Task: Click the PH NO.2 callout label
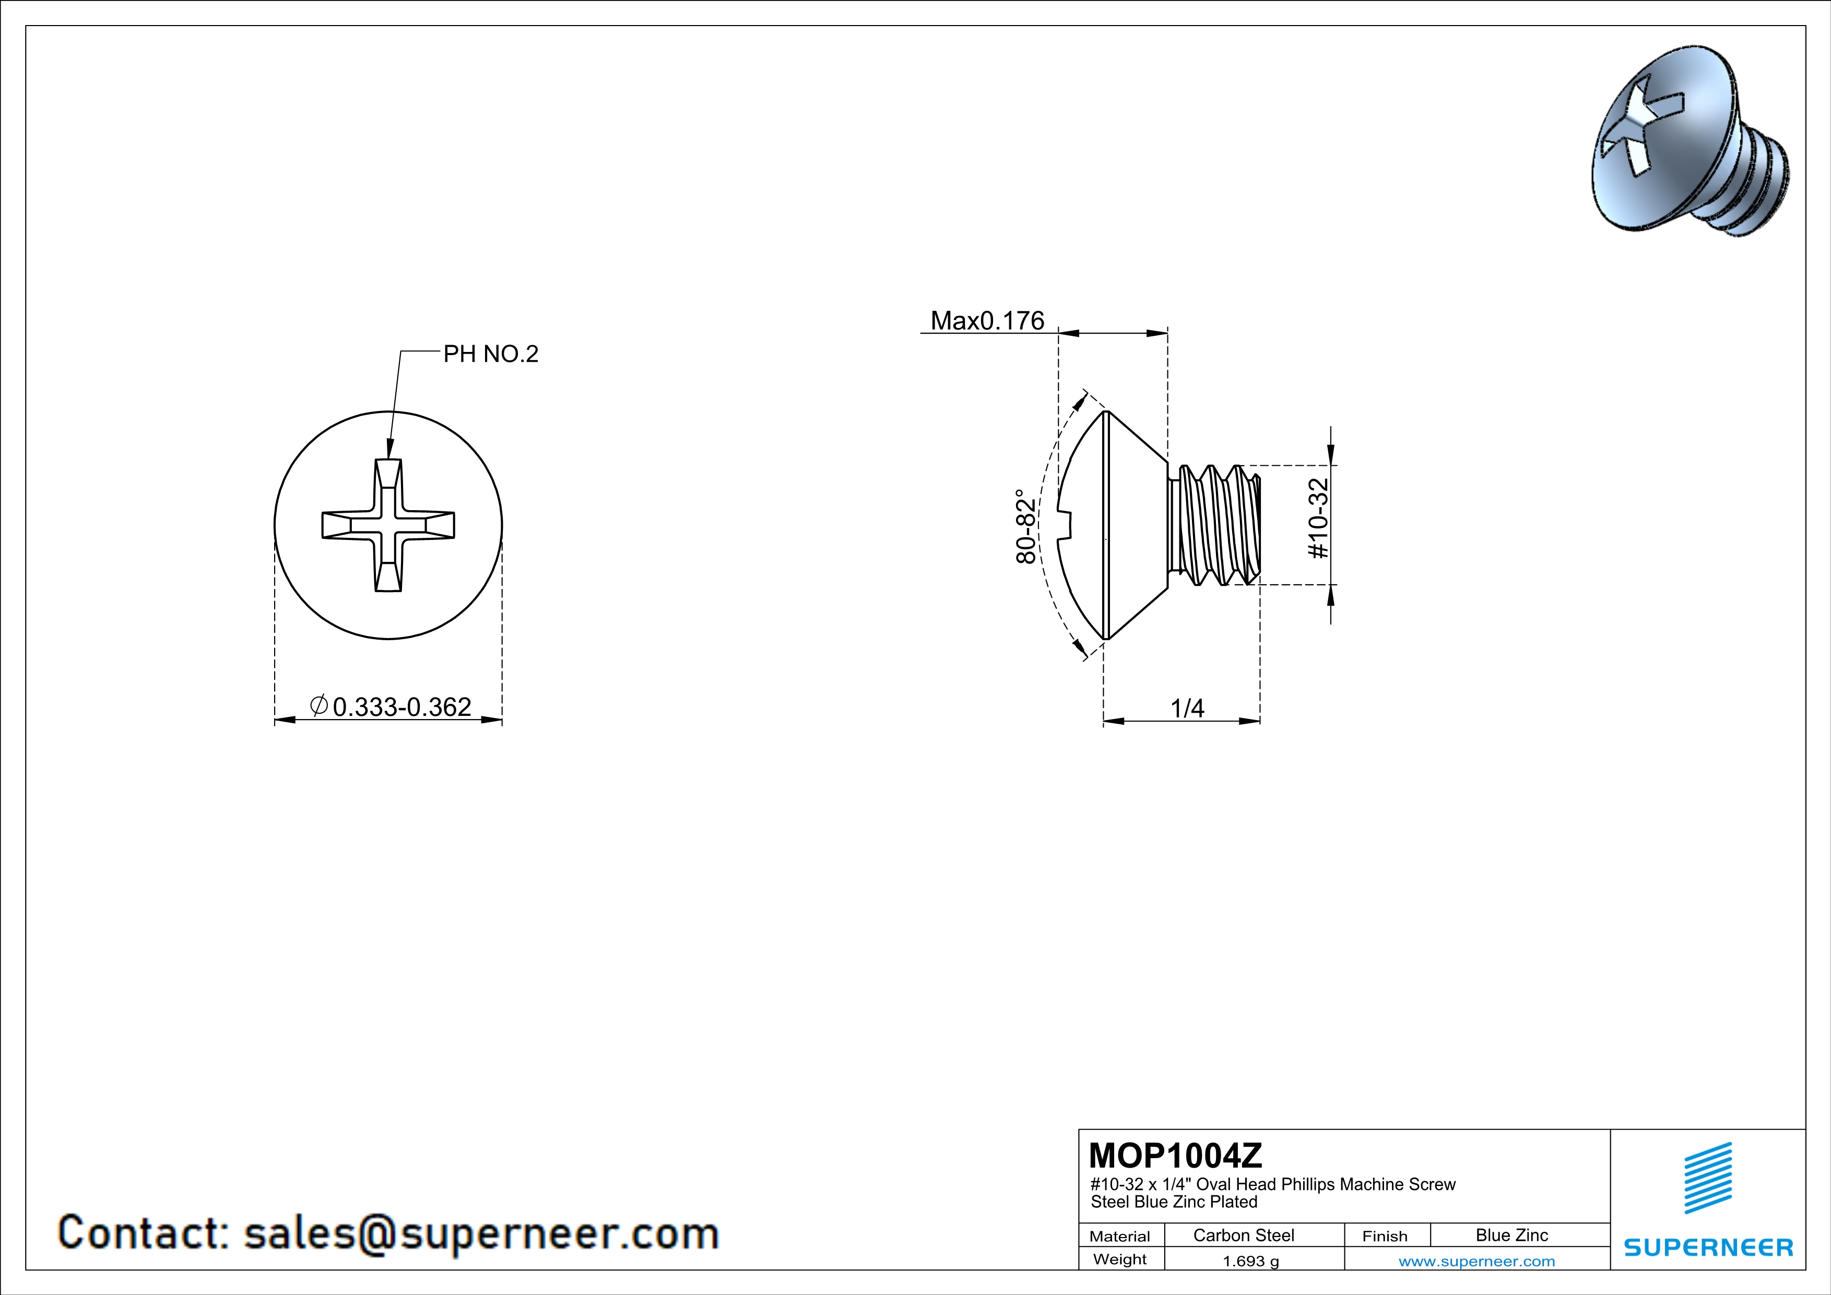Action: click(490, 354)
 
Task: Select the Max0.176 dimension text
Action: click(987, 321)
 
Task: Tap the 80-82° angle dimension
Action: click(1025, 526)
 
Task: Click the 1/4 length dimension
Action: click(1187, 708)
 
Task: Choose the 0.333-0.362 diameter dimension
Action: click(391, 707)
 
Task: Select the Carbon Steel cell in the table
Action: click(1243, 1235)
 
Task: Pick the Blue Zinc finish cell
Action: click(1512, 1235)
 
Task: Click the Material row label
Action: click(1120, 1236)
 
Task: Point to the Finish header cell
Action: click(1385, 1236)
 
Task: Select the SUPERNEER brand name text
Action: click(1708, 1247)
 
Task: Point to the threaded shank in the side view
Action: click(1214, 525)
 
